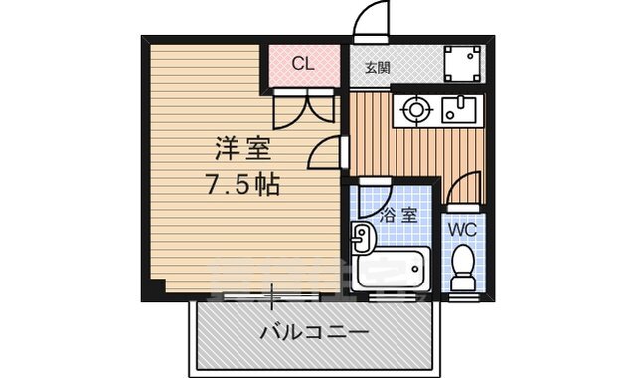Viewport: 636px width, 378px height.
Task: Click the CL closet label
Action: coord(304,65)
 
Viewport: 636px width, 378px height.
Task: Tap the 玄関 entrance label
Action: coord(377,68)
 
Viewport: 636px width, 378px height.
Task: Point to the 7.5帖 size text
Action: coord(243,184)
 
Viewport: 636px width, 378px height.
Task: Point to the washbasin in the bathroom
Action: coord(363,237)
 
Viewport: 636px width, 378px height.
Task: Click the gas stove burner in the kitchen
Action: coord(413,109)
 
